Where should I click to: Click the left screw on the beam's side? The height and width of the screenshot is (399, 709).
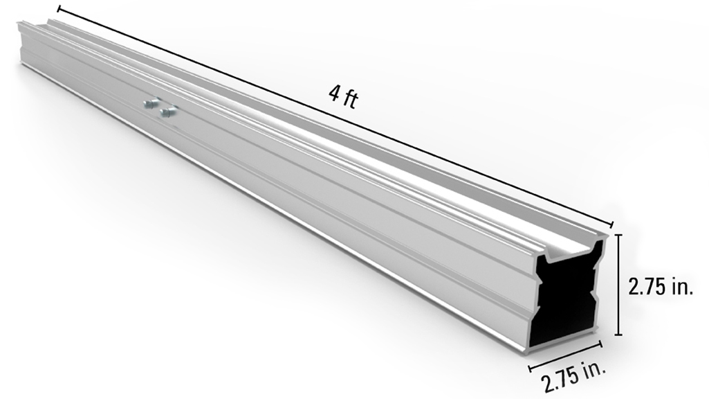coord(149,104)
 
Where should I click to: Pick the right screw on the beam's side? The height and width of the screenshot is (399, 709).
coord(166,110)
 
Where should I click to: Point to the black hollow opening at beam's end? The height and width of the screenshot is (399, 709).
coord(564,298)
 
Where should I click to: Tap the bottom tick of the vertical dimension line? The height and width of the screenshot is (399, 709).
coord(618,335)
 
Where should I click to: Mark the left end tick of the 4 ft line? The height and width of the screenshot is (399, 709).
coord(59,9)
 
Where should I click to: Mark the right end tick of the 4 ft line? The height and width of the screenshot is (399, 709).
coord(612,224)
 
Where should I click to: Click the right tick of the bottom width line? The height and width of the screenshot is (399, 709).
coord(600,343)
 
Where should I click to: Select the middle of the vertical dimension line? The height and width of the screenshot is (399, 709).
coord(618,285)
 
